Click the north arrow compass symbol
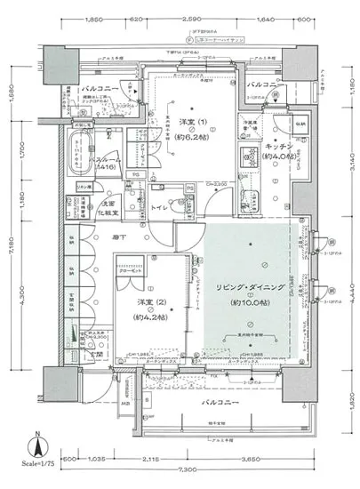point(34,443)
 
